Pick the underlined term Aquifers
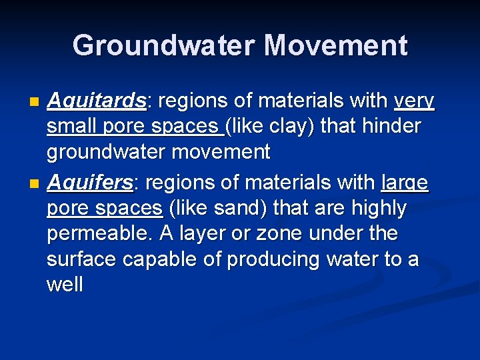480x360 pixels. pyautogui.click(x=93, y=183)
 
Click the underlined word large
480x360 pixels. pyautogui.click(x=405, y=183)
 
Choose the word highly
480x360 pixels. pyautogui.click(x=374, y=209)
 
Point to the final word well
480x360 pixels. pyautogui.click(x=65, y=285)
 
